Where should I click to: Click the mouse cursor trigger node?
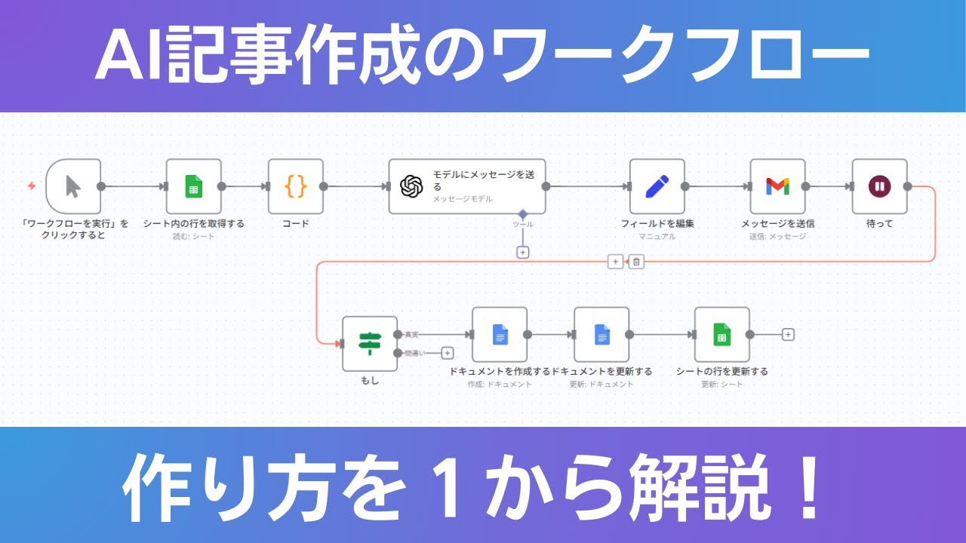tap(73, 186)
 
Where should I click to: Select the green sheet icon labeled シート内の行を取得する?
tap(193, 186)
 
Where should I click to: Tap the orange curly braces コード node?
tap(295, 186)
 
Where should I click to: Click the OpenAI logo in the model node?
tap(411, 186)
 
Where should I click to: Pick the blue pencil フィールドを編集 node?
tap(657, 186)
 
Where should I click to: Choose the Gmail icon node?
tap(777, 186)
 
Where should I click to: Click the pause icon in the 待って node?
tap(879, 186)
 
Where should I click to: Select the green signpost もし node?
tap(369, 343)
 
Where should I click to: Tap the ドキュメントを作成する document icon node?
tap(500, 334)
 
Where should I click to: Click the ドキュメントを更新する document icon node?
tap(601, 334)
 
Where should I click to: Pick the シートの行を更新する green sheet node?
tap(721, 334)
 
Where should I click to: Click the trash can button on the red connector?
tap(636, 262)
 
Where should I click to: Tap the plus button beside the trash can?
tap(615, 262)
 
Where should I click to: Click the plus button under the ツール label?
tap(522, 253)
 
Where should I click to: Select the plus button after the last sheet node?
tap(788, 334)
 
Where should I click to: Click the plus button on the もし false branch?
tap(447, 352)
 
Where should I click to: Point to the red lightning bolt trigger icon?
tap(32, 186)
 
